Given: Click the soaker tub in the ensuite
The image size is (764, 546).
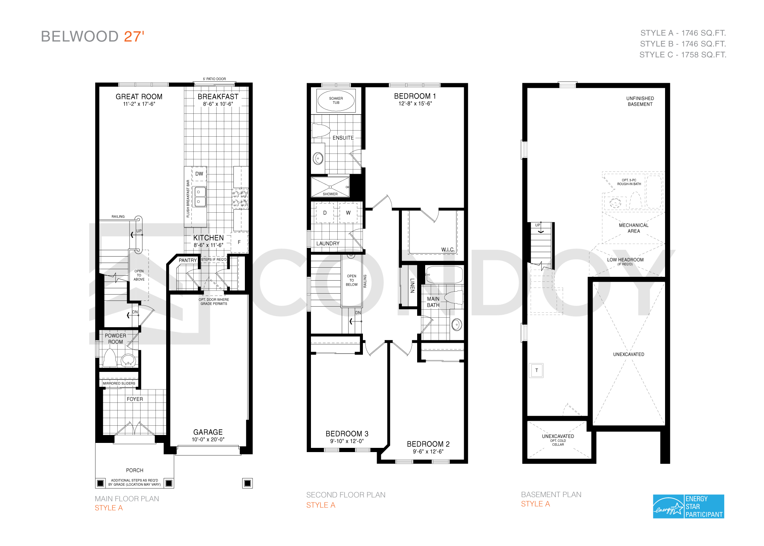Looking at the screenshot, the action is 336,100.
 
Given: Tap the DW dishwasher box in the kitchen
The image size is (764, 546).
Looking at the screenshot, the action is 199,174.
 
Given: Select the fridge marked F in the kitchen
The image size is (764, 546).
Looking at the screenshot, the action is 240,242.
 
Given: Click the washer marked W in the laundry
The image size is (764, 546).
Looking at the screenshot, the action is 348,213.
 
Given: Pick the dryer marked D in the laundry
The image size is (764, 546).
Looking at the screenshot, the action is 325,213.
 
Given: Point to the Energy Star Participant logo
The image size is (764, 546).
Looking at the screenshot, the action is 688,506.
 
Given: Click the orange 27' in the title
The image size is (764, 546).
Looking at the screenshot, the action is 134,36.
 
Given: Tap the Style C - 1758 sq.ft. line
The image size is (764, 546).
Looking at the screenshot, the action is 683,55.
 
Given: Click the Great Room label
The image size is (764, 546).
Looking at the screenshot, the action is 139,97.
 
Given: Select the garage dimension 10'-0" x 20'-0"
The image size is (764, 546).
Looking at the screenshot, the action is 208,439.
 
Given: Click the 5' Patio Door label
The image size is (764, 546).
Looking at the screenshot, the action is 214,79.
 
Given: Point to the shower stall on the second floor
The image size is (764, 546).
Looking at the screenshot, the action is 330,187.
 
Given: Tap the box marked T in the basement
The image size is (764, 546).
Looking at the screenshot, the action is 537,370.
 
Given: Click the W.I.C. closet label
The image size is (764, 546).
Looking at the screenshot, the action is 448,249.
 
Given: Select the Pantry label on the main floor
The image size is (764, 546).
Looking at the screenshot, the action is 188,260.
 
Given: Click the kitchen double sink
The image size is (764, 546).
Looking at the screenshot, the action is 200,197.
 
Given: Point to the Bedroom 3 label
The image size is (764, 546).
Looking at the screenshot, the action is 347,434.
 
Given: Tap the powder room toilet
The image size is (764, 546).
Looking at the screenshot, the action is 110,358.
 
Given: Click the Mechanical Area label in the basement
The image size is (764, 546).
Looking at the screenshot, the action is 634,228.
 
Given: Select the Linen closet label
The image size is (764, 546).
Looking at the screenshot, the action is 412,286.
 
